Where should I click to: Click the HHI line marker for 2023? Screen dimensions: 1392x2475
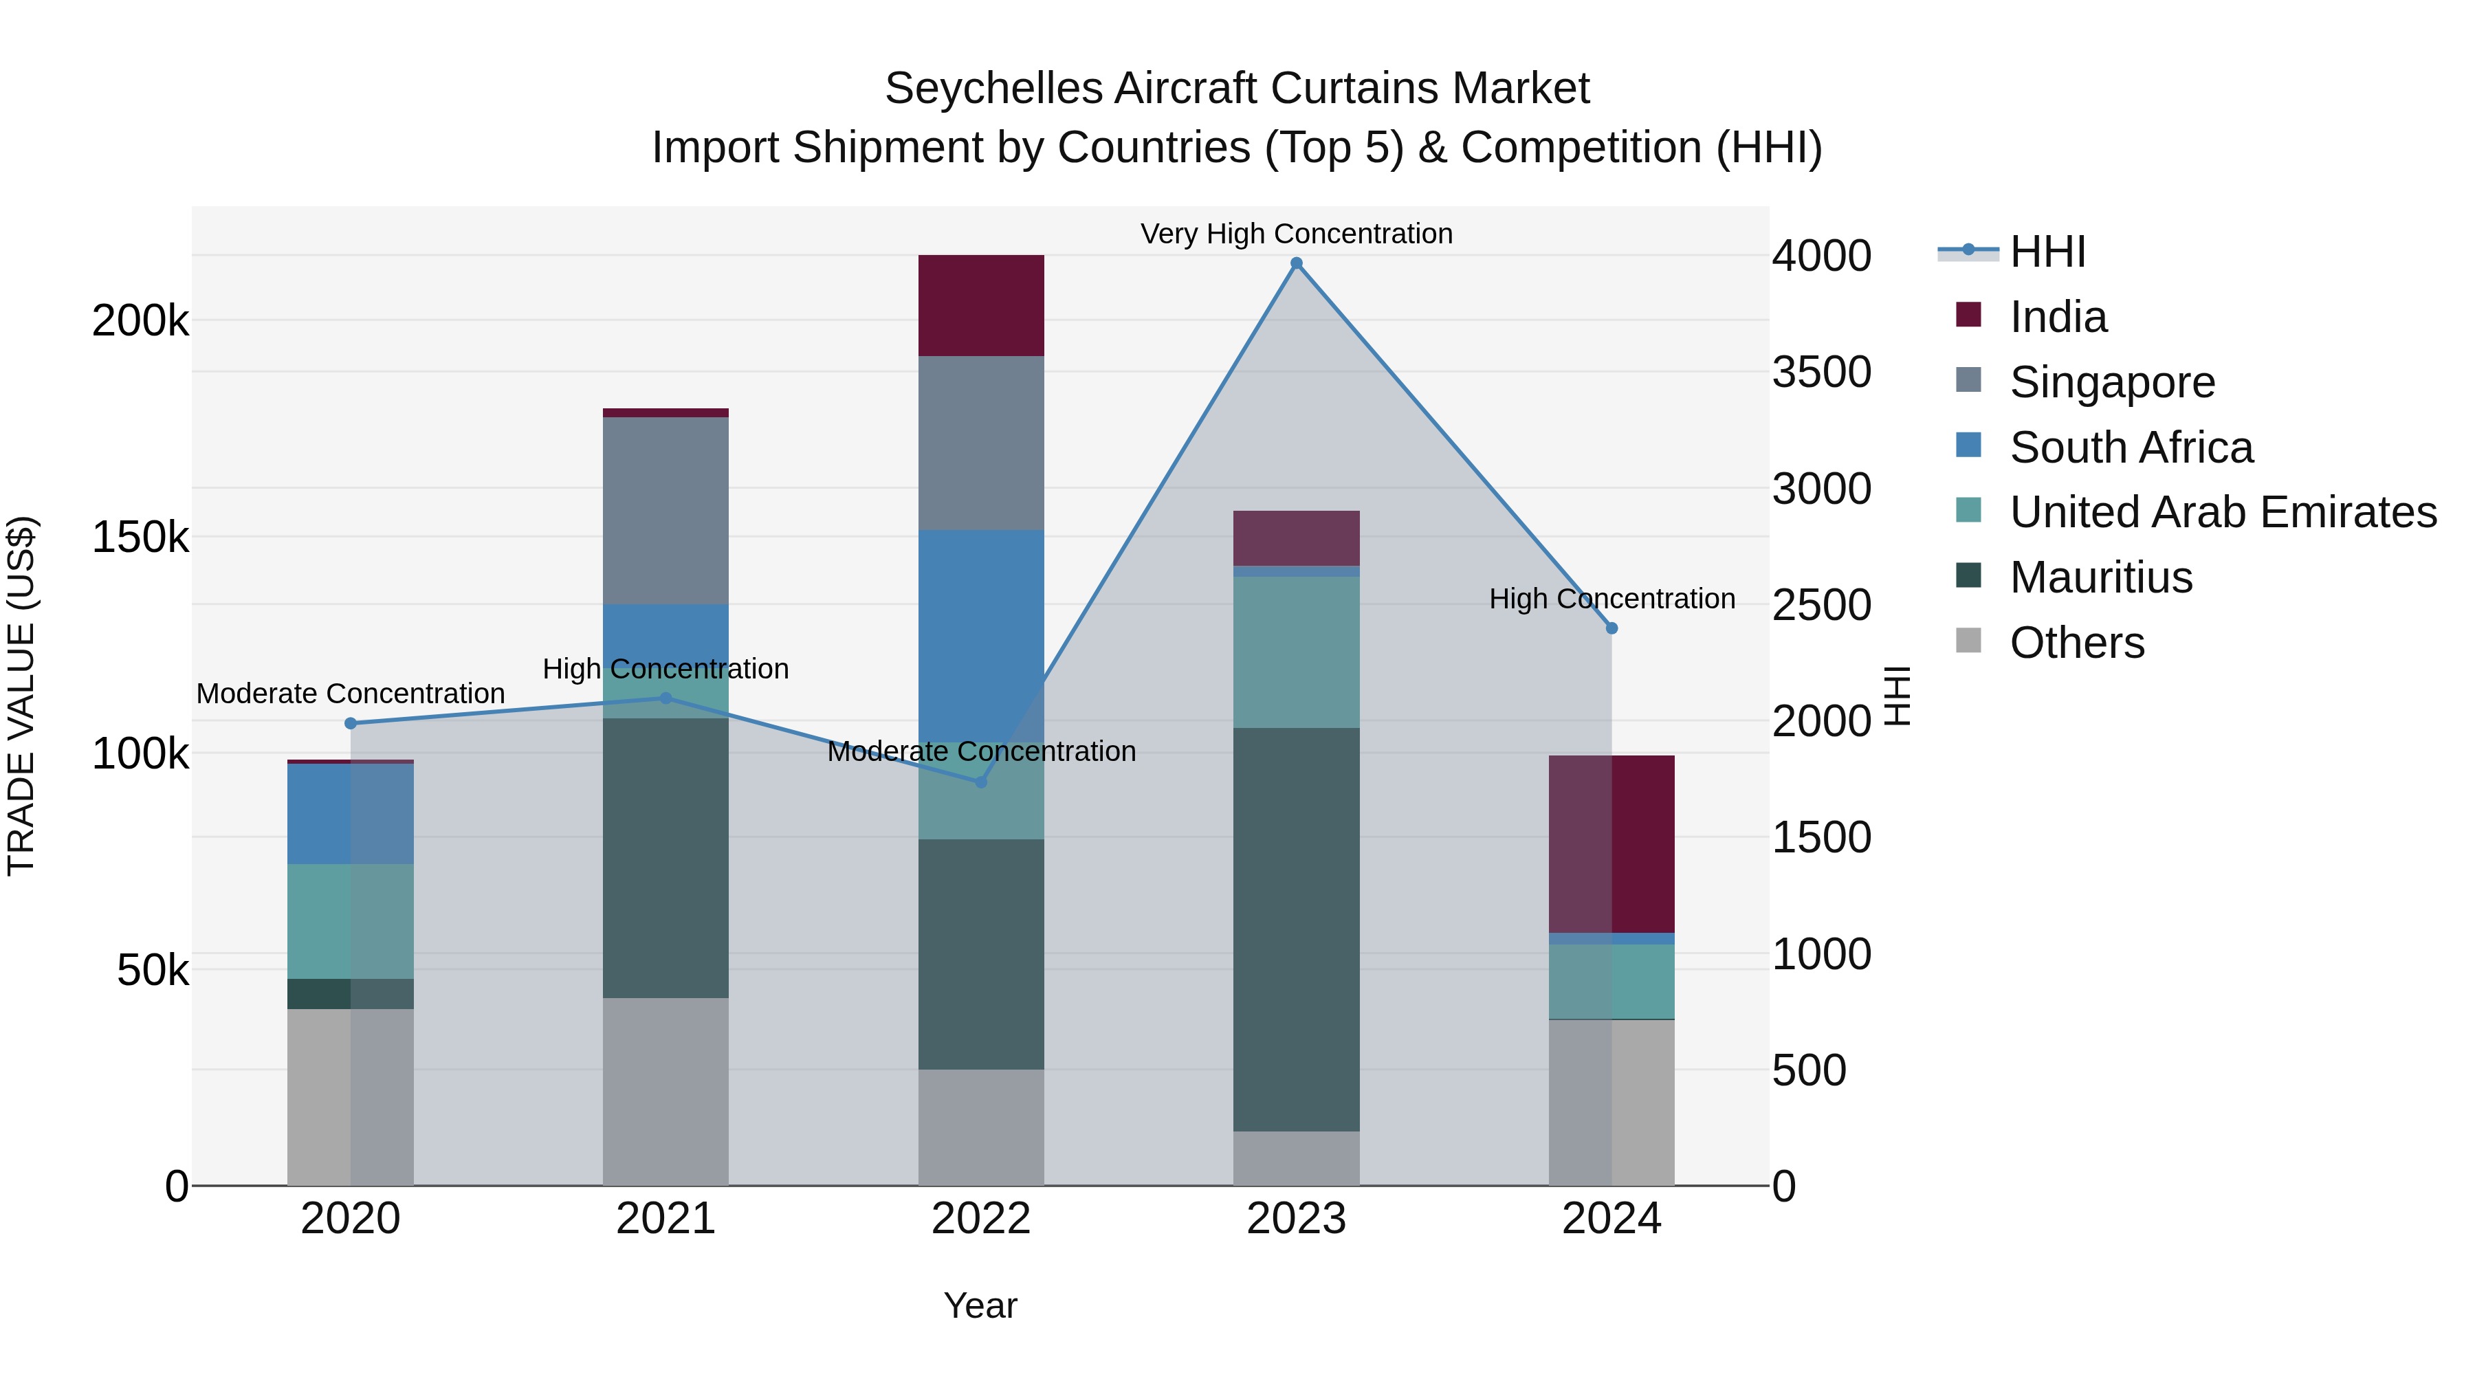[x=1296, y=263]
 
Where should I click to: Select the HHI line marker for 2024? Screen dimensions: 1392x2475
[x=1611, y=628]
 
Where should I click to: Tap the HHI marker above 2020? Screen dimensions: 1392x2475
[x=351, y=723]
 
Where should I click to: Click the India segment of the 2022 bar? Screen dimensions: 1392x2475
[x=981, y=305]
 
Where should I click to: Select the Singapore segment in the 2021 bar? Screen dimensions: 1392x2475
[x=665, y=510]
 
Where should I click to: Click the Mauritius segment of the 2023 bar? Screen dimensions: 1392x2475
[x=1296, y=929]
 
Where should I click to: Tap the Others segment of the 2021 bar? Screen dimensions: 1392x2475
[x=665, y=1092]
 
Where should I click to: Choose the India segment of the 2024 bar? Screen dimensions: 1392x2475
[x=1611, y=843]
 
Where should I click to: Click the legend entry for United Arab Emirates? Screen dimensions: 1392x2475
[x=2222, y=512]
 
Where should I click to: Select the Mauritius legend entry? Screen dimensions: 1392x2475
[x=2100, y=577]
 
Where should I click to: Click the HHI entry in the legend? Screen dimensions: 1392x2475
[x=2047, y=252]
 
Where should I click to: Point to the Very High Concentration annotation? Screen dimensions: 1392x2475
[x=1296, y=234]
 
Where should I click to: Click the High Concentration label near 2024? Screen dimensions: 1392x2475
[x=1611, y=599]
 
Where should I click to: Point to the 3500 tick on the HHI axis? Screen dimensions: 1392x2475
[x=1820, y=372]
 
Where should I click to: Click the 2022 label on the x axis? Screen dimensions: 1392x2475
[x=981, y=1219]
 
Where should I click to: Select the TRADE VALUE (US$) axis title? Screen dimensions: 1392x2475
[x=21, y=696]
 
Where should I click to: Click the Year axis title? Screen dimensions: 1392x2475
[x=980, y=1305]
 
